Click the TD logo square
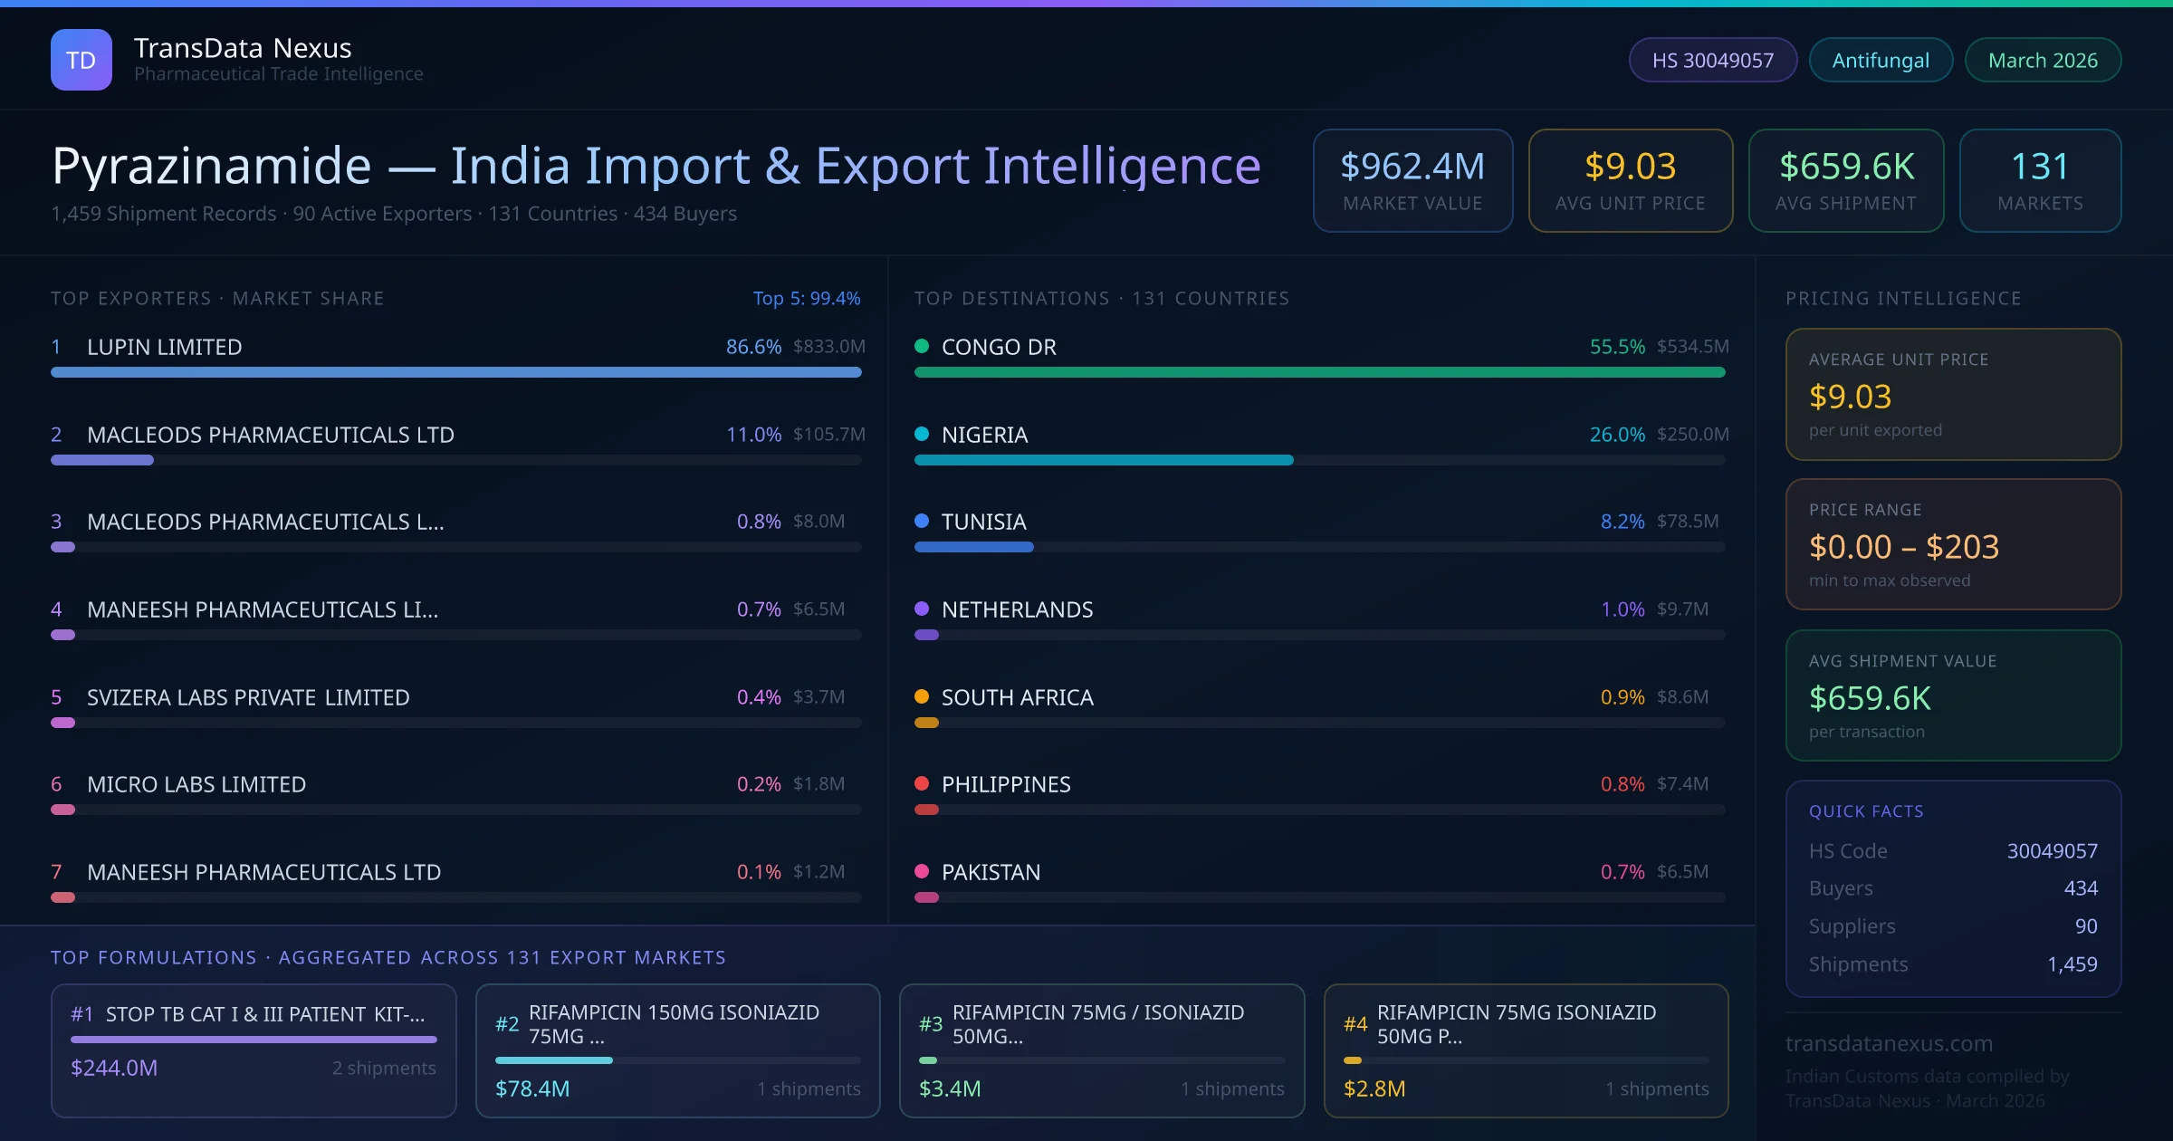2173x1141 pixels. pyautogui.click(x=81, y=60)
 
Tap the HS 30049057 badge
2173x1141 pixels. pyautogui.click(x=1712, y=60)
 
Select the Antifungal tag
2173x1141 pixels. pyautogui.click(x=1881, y=60)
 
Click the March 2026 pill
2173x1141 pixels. pyautogui.click(x=2043, y=60)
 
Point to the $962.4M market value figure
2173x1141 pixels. pyautogui.click(x=1412, y=167)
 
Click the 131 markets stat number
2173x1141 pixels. pyautogui.click(x=2040, y=167)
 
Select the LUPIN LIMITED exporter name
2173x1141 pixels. pyautogui.click(x=165, y=347)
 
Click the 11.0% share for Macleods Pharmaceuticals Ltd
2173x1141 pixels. pyautogui.click(x=753, y=435)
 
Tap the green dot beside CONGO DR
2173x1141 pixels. pyautogui.click(x=922, y=346)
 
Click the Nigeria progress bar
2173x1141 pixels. pyautogui.click(x=1104, y=460)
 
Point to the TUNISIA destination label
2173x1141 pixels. pyautogui.click(x=983, y=522)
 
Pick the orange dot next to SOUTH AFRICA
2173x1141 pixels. pyautogui.click(x=922, y=696)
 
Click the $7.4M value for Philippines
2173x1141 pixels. pyautogui.click(x=1682, y=783)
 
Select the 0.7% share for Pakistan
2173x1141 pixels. pyautogui.click(x=1623, y=871)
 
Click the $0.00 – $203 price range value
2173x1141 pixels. pyautogui.click(x=1903, y=547)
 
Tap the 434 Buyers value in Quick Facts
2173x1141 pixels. pyautogui.click(x=2080, y=888)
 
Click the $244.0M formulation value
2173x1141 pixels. pyautogui.click(x=114, y=1068)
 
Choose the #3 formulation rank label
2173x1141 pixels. pyautogui.click(x=931, y=1023)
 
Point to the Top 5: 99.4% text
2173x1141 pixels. pyautogui.click(x=806, y=298)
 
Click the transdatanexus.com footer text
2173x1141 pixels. pyautogui.click(x=1889, y=1043)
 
